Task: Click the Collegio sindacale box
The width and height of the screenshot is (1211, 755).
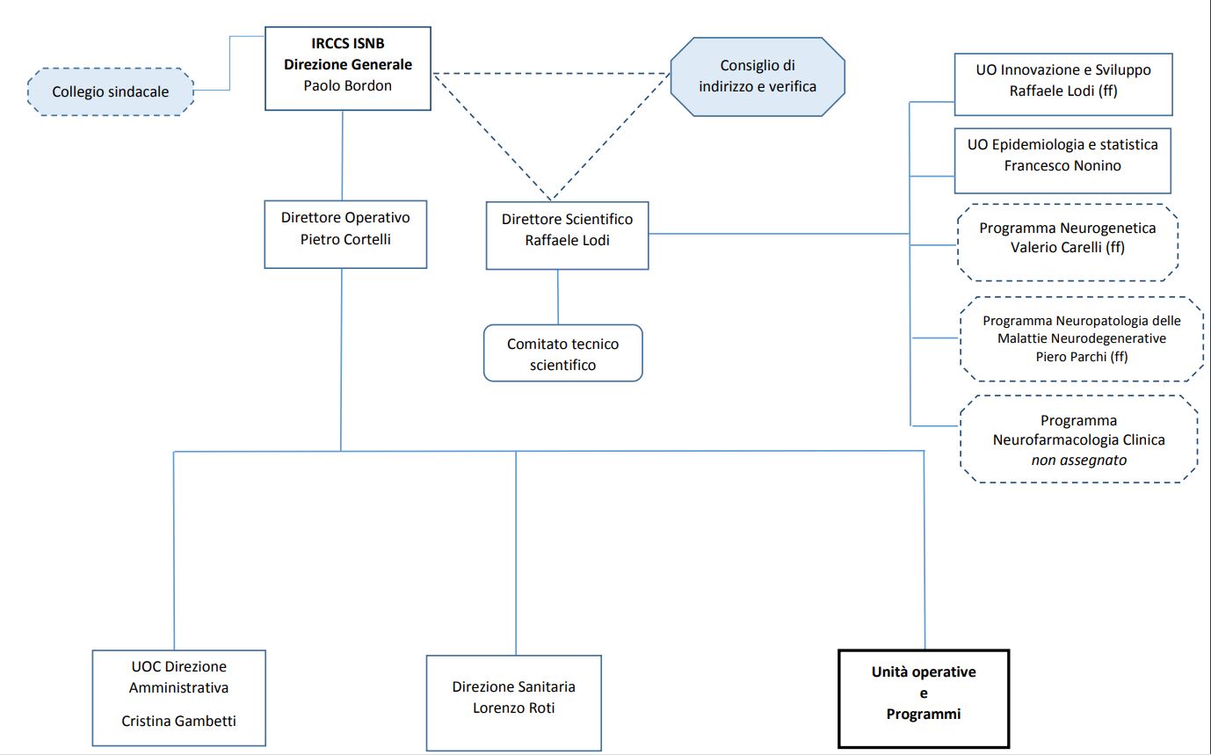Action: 110,91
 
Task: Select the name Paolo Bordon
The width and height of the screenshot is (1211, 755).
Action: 348,86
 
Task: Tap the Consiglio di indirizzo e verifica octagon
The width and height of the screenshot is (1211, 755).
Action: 757,76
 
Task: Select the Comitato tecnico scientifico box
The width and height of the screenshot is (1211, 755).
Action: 562,354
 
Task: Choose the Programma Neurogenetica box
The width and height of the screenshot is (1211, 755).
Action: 1067,237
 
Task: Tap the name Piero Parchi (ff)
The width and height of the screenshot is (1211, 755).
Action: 1081,357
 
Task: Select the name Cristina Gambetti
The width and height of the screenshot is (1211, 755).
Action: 178,721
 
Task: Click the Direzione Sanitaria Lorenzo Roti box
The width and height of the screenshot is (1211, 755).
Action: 513,698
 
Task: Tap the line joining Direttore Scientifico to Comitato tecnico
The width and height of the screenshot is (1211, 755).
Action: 557,297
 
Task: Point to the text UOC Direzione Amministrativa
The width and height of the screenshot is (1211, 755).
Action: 178,678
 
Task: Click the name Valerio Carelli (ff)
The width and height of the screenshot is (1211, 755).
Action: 1067,248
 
